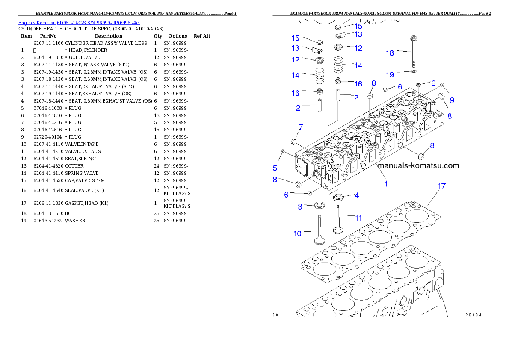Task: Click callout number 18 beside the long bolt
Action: [390, 53]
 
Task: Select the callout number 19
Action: [390, 75]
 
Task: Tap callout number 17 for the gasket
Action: [442, 186]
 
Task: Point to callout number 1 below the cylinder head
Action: [386, 184]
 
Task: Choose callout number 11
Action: [358, 218]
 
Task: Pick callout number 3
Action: [301, 207]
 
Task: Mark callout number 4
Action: [356, 195]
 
